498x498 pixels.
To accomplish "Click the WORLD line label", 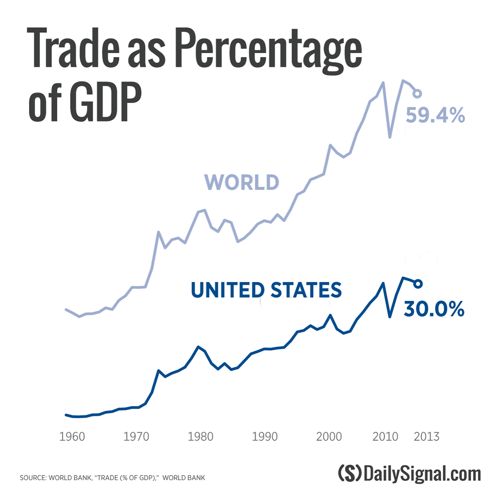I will point(242,182).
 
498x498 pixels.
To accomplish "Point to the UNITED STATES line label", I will point(266,290).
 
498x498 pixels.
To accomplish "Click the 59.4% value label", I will point(435,115).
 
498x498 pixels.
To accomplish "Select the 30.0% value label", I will point(434,309).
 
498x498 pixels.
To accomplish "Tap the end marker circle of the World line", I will point(417,94).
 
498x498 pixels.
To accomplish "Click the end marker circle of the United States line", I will point(418,283).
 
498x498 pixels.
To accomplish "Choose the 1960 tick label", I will point(72,437).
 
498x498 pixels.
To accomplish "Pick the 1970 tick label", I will point(136,437).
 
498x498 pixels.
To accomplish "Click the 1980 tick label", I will point(200,437).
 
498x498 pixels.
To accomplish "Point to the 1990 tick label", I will point(265,437).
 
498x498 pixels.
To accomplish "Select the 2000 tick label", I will point(329,437).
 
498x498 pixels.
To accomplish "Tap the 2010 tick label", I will point(386,437).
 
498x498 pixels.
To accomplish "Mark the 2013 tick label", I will point(426,437).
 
